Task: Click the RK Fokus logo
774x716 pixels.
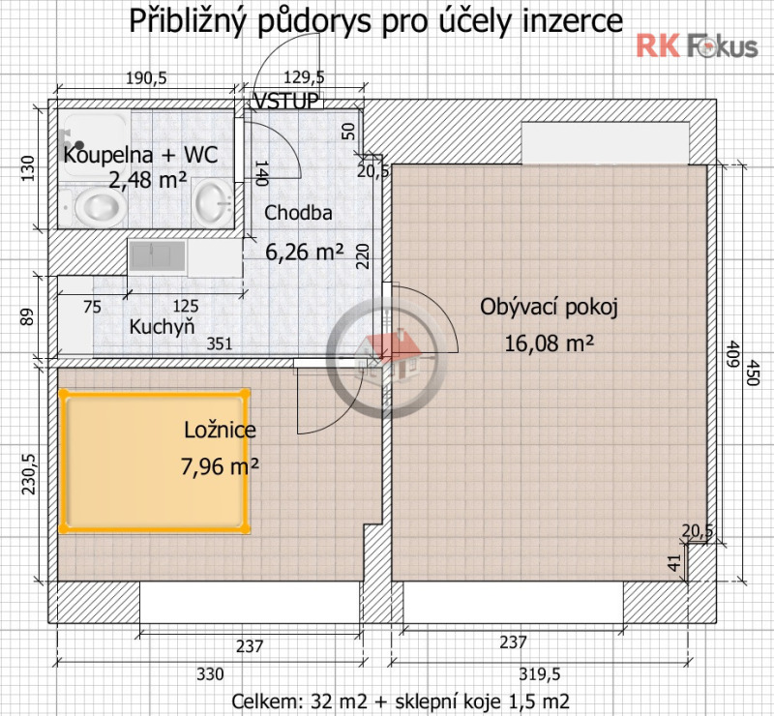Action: [696, 45]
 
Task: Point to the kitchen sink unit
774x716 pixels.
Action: [157, 256]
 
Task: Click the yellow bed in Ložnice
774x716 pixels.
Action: [155, 461]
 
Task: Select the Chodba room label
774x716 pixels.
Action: [299, 213]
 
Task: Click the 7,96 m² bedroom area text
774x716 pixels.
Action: [220, 467]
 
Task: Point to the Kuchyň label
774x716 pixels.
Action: [163, 327]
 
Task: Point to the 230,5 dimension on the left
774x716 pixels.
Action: [28, 474]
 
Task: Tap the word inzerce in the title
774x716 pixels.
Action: [572, 21]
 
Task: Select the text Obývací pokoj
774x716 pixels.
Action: [549, 307]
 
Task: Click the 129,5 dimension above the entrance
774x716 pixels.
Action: [303, 78]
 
